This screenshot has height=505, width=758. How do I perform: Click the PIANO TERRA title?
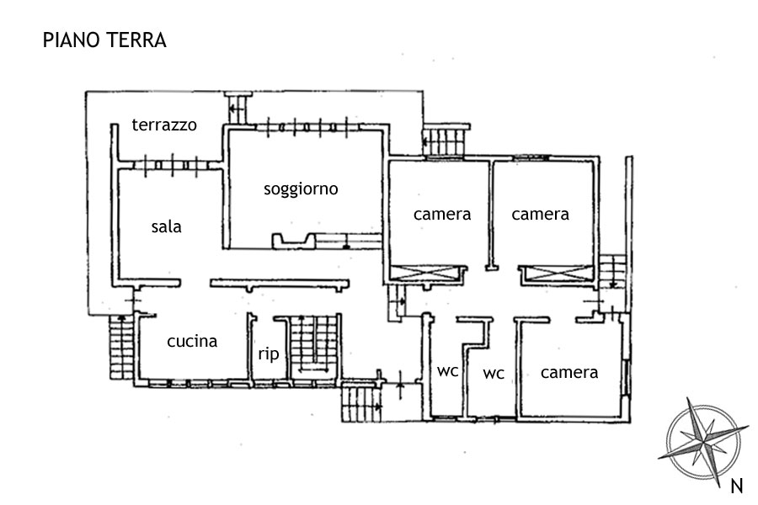pos(104,40)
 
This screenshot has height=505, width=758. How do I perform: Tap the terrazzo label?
pos(164,125)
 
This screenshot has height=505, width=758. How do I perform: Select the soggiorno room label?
pos(301,189)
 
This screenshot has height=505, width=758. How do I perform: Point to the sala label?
pos(167,226)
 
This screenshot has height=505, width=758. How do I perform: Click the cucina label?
pos(192,341)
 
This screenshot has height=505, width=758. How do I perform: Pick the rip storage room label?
pos(268,354)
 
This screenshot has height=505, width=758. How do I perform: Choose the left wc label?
pos(447,370)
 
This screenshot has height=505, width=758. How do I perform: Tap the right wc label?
pos(493,373)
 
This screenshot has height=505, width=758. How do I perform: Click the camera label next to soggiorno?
pos(442,214)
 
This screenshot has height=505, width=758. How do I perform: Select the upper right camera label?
pos(540,214)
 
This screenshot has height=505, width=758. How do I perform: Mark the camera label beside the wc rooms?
pos(569,372)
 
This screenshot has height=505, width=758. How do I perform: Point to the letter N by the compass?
pos(736,485)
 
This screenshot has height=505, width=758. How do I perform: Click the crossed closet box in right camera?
pos(557,274)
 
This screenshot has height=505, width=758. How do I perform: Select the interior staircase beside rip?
pos(312,345)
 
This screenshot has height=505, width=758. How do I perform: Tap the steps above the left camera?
pos(445,141)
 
